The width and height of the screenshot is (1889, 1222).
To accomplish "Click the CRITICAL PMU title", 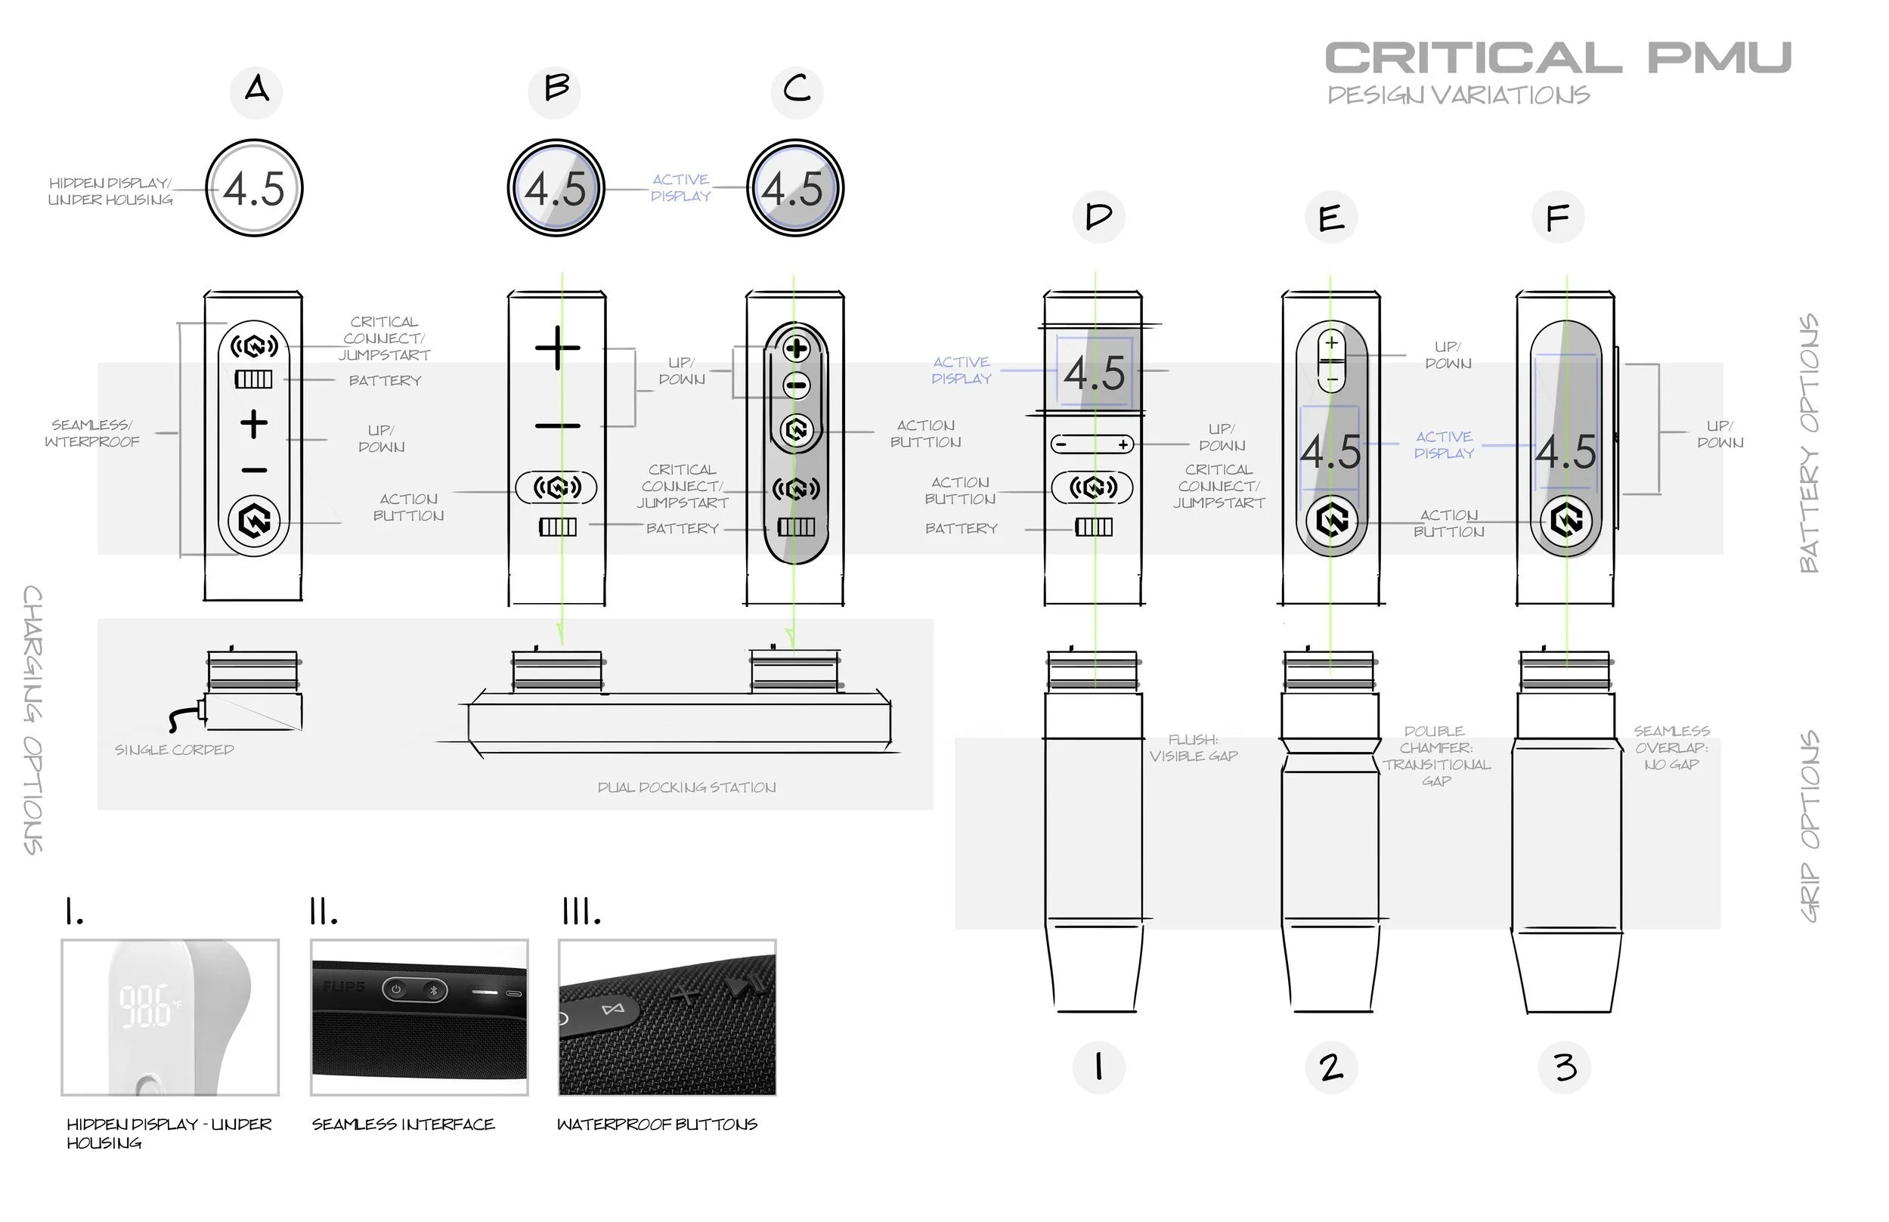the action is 1557,58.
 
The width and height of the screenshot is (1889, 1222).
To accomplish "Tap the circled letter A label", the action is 255,91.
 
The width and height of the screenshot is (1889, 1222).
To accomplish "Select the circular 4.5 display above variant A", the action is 254,188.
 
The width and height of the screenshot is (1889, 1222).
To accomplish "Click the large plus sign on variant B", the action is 557,348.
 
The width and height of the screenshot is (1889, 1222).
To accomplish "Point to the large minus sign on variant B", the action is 557,426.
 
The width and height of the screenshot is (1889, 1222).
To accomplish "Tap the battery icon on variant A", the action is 253,379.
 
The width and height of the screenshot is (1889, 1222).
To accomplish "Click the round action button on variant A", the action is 254,521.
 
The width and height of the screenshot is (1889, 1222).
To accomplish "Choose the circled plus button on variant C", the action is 796,348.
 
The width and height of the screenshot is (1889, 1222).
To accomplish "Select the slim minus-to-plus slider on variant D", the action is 1092,444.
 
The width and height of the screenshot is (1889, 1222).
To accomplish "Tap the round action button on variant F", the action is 1566,521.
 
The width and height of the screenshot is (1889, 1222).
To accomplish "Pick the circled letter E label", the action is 1331,218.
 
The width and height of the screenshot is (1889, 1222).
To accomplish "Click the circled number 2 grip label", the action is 1331,1066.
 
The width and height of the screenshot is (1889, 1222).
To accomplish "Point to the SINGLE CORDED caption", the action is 174,750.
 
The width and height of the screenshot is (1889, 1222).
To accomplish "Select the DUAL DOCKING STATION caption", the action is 686,787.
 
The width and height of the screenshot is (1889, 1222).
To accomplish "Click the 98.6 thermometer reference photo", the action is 170,1017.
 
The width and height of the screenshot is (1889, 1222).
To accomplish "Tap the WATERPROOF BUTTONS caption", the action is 657,1125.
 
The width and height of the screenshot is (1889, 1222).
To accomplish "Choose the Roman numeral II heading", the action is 324,914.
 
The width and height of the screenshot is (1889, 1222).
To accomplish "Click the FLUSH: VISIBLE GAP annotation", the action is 1193,748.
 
